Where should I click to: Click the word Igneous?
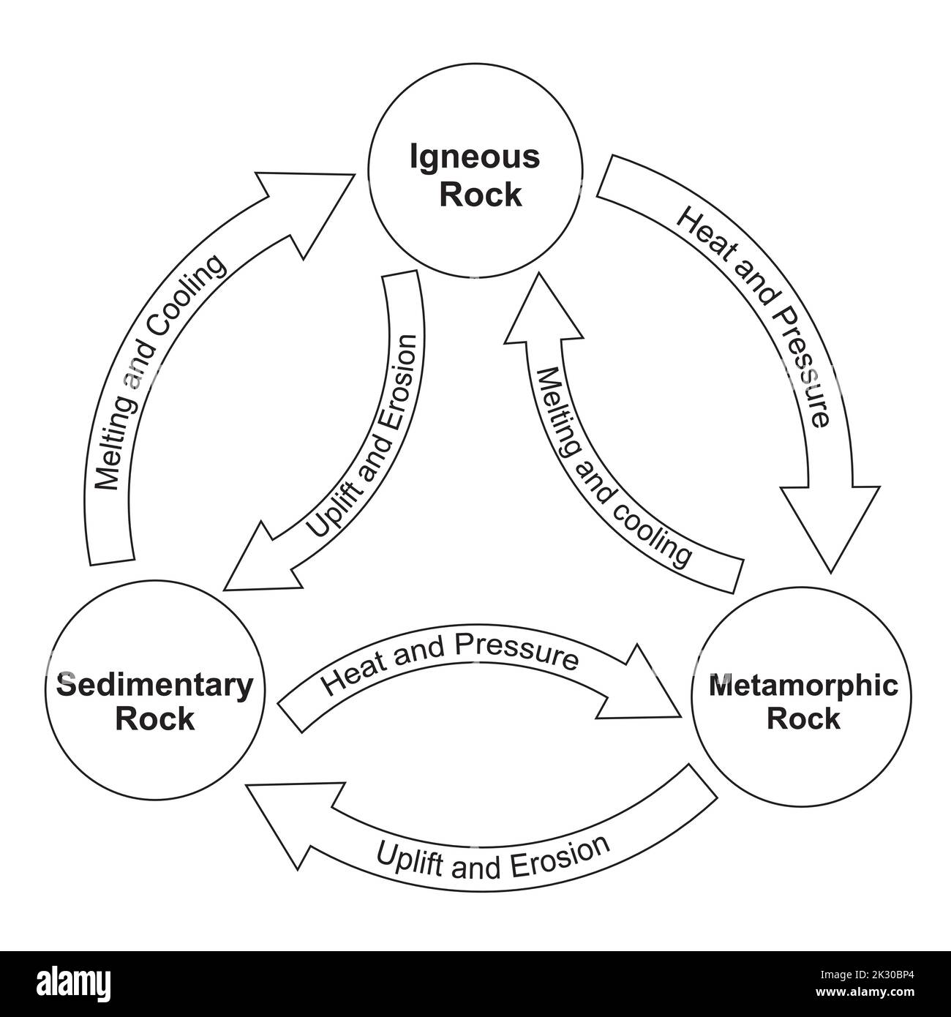pos(475,157)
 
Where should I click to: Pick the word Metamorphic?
pos(803,686)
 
